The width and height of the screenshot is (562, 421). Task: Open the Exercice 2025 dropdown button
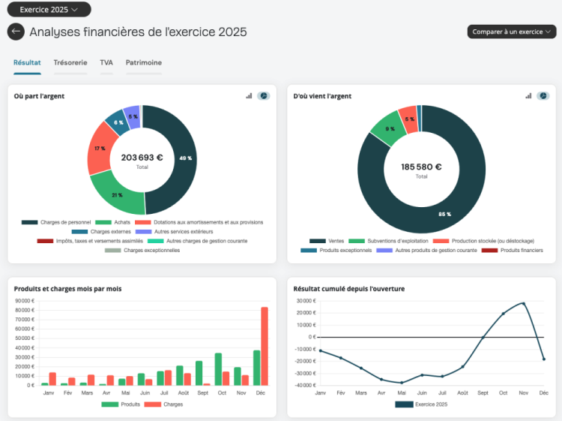[49, 10]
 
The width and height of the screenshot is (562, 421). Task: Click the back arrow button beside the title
[16, 32]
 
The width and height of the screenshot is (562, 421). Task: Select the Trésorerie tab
[70, 62]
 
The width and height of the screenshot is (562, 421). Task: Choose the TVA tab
[106, 62]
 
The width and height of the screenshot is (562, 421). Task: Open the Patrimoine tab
[144, 62]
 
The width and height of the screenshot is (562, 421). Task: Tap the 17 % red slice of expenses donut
[100, 148]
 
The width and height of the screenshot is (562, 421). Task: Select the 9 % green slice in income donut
[389, 128]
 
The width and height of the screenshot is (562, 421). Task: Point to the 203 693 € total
[142, 158]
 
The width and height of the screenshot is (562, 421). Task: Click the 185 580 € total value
[421, 167]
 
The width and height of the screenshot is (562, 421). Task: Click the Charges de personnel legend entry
[56, 222]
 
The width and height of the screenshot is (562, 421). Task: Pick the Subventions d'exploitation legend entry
[388, 241]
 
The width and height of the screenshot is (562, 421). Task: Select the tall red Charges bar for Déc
[265, 346]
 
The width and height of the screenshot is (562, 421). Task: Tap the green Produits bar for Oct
[218, 369]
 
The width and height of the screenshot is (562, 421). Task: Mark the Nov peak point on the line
[524, 303]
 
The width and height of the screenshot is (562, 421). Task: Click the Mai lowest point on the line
[402, 383]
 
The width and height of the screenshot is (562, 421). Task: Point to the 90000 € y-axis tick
[25, 301]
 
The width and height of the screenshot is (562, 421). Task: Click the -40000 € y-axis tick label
[305, 385]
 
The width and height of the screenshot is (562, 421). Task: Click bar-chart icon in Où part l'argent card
[249, 96]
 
